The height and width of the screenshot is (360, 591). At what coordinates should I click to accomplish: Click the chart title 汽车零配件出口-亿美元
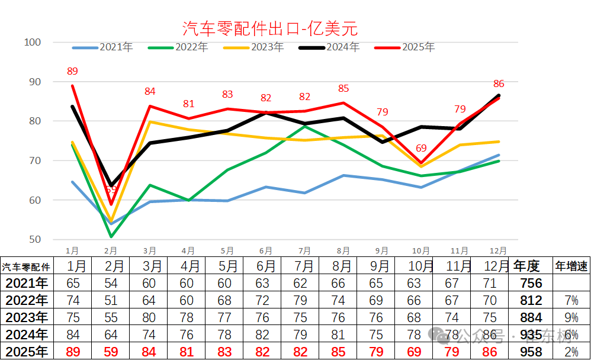pyautogui.click(x=269, y=28)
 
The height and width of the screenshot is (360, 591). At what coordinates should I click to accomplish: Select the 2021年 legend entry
pyautogui.click(x=115, y=47)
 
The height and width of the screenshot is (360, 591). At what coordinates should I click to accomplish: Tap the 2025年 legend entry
pyautogui.click(x=418, y=47)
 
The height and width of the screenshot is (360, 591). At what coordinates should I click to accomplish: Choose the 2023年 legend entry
pyautogui.click(x=266, y=47)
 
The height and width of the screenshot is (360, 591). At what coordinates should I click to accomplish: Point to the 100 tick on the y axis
pyautogui.click(x=32, y=42)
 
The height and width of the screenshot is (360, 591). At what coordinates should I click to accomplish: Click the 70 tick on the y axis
pyautogui.click(x=32, y=160)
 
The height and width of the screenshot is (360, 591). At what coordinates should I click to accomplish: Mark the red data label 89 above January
pyautogui.click(x=72, y=72)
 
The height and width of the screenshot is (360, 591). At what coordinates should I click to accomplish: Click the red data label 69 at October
pyautogui.click(x=421, y=148)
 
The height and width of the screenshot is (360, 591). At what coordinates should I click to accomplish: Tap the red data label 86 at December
pyautogui.click(x=499, y=84)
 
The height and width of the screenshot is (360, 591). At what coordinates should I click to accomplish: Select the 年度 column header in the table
pyautogui.click(x=527, y=266)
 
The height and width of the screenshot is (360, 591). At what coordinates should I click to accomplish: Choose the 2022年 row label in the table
pyautogui.click(x=25, y=300)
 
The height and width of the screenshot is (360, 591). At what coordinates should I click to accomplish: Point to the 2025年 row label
pyautogui.click(x=25, y=352)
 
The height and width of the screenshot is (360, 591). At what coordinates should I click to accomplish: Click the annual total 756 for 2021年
pyautogui.click(x=530, y=283)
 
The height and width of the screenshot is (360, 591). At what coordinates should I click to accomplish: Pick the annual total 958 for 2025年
pyautogui.click(x=530, y=352)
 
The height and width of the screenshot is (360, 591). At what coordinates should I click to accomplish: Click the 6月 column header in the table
pyautogui.click(x=266, y=266)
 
